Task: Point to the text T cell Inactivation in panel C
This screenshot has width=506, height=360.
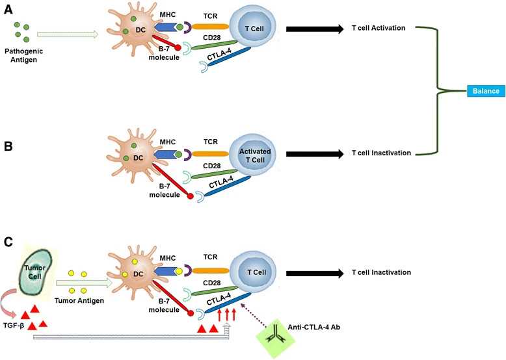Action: point(380,273)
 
